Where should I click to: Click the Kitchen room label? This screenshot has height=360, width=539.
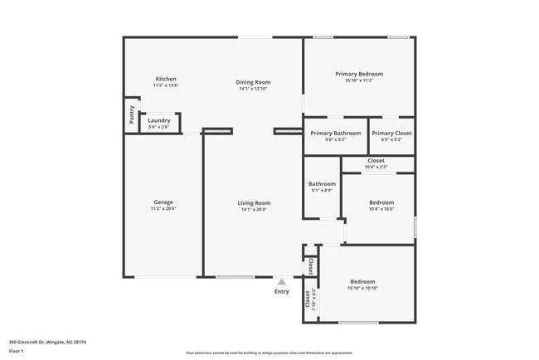[166, 79]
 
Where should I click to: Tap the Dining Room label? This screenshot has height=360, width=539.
[254, 82]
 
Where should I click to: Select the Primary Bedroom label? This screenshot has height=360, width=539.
[359, 74]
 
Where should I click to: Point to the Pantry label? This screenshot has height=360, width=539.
[132, 114]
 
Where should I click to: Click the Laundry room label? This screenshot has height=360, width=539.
[159, 120]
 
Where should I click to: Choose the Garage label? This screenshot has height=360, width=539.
[163, 202]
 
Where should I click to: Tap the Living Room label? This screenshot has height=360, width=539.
[255, 202]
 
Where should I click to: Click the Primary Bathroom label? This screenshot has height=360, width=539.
[335, 133]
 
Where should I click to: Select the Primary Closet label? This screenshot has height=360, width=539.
[391, 133]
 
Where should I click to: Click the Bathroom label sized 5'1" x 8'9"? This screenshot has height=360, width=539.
[322, 184]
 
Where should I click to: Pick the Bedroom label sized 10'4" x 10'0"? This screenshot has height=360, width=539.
[381, 202]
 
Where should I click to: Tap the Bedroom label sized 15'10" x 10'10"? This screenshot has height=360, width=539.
[362, 282]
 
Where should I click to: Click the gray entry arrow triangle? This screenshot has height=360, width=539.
[282, 282]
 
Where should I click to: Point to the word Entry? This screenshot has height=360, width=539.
[282, 291]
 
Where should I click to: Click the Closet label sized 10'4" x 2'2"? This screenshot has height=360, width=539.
[376, 160]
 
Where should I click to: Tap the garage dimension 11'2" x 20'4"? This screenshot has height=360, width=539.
[163, 209]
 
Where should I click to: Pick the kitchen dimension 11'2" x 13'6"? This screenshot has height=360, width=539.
[166, 85]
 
